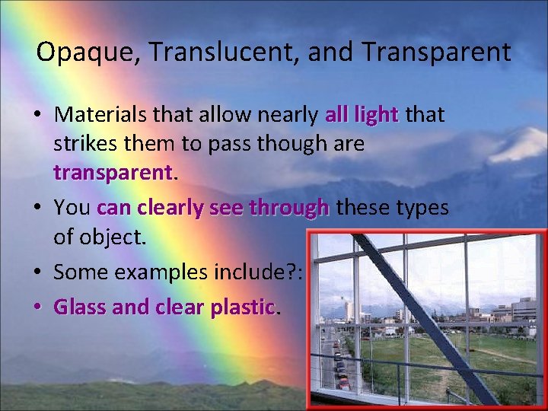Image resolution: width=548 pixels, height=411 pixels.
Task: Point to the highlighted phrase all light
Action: (x=362, y=116)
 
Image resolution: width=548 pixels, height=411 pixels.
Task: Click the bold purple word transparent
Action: (x=113, y=173)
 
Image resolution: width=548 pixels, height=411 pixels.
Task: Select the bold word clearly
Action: (x=172, y=208)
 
